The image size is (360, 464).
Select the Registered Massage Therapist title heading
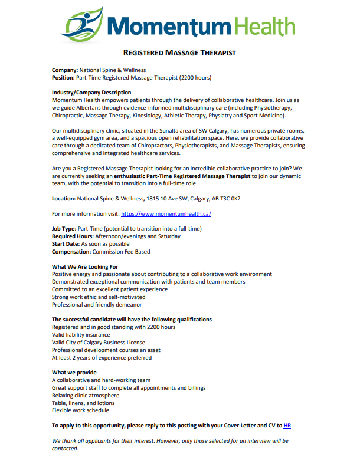(x=179, y=53)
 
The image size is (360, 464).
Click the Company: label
(x=65, y=70)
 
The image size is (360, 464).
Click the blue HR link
(x=287, y=425)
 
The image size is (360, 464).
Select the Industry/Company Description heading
(x=91, y=93)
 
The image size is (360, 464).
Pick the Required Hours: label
(x=74, y=236)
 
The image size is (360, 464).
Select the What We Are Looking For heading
(x=85, y=266)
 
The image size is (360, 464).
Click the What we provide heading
(x=74, y=373)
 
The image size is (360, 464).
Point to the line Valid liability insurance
(x=81, y=335)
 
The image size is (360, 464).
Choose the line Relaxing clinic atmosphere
(x=86, y=396)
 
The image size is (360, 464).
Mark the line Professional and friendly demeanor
(x=97, y=305)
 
